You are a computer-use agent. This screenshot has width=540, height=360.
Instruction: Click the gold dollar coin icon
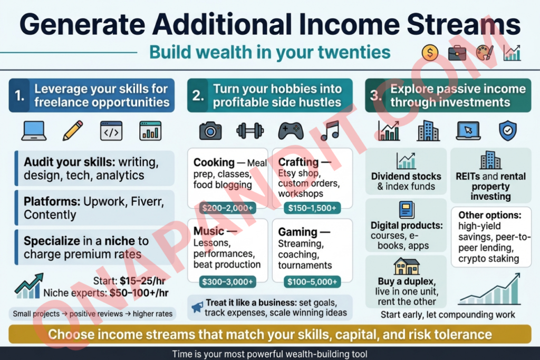[430, 53]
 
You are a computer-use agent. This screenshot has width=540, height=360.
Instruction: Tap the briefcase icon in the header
[457, 53]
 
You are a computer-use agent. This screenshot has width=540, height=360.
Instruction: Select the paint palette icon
[485, 53]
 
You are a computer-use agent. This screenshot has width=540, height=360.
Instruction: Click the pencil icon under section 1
[73, 130]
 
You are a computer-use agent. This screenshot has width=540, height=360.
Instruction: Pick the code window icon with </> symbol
[111, 131]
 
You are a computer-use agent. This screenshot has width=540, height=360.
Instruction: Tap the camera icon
[210, 131]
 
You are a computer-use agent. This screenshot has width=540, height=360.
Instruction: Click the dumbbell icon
[250, 131]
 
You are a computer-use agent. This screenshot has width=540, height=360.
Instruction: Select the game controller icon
[291, 131]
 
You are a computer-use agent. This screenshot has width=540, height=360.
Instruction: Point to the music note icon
[330, 131]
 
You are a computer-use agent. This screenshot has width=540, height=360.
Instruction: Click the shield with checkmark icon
[508, 131]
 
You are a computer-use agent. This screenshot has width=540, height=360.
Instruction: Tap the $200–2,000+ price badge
[227, 208]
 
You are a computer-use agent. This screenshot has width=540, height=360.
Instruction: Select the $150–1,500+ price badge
[312, 208]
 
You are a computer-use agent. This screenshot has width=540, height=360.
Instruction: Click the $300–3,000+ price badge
[227, 282]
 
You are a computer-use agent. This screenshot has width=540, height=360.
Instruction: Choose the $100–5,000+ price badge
[312, 282]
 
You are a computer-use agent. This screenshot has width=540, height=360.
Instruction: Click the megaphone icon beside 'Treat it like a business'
[197, 307]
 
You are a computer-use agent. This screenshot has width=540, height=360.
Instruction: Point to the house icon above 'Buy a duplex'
[407, 266]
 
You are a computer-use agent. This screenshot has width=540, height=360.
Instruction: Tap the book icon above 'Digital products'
[407, 210]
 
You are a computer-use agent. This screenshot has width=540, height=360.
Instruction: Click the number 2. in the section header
[198, 95]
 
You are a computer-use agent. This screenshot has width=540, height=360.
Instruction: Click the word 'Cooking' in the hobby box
[214, 162]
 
